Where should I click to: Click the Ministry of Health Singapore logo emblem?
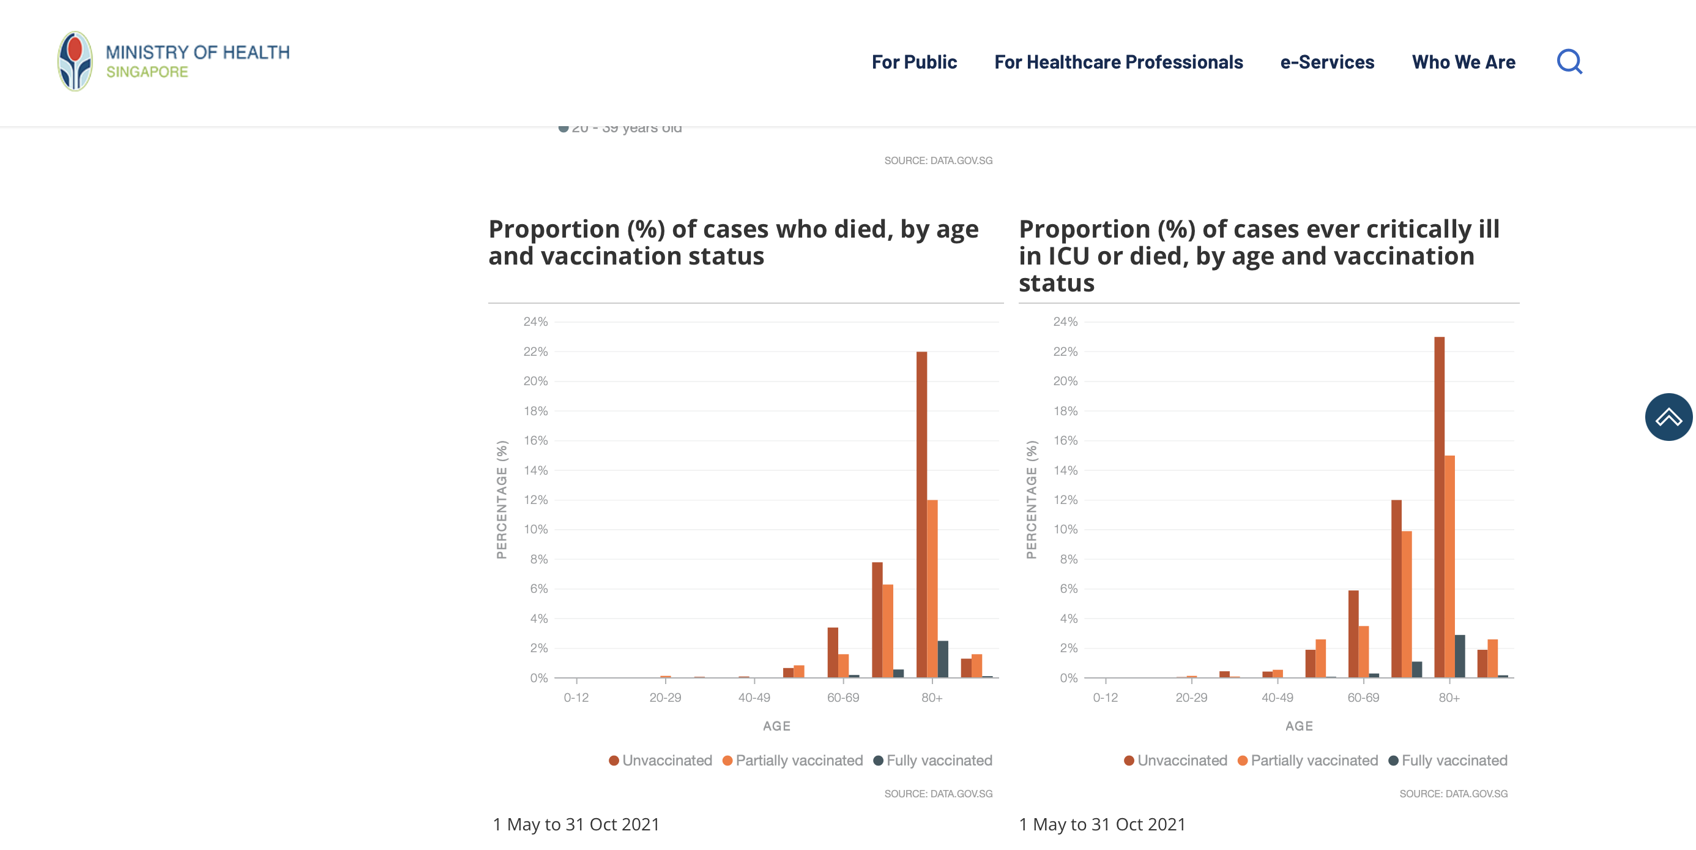[x=75, y=61]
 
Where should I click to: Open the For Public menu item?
[x=914, y=62]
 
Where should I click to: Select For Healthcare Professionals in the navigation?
[x=1118, y=62]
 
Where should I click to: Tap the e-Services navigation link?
[x=1326, y=62]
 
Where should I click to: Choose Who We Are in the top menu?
[x=1463, y=62]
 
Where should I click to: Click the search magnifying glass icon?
[x=1569, y=62]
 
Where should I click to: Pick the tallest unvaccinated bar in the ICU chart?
[x=1439, y=507]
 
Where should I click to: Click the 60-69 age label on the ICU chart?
[x=1363, y=697]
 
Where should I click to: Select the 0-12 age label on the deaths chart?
[x=576, y=697]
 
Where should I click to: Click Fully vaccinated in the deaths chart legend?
[x=938, y=761]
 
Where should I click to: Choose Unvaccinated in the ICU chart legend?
[x=1181, y=761]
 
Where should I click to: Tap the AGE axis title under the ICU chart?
[x=1299, y=726]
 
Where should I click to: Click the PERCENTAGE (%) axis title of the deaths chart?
[x=502, y=500]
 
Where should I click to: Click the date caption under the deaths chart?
[x=576, y=824]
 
